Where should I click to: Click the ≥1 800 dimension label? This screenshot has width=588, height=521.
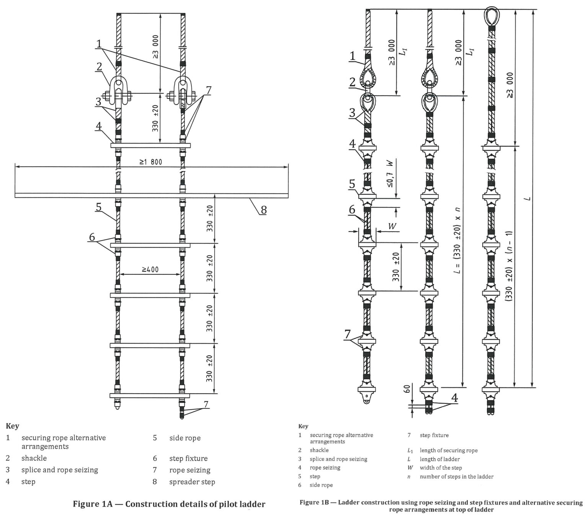click(x=151, y=162)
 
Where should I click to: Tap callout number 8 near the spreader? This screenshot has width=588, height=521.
click(x=263, y=209)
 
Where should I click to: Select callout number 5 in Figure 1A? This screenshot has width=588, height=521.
click(x=98, y=207)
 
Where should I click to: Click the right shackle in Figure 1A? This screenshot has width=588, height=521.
click(x=183, y=91)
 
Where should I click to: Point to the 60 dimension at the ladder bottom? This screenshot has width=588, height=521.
click(x=407, y=389)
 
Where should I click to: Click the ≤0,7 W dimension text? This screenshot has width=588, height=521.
click(x=390, y=173)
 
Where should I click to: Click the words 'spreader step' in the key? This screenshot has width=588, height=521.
click(x=192, y=482)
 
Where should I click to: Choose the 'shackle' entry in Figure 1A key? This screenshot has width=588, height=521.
click(x=34, y=458)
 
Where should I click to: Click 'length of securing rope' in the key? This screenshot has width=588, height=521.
click(x=448, y=451)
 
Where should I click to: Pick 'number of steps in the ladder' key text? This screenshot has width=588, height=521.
click(x=456, y=477)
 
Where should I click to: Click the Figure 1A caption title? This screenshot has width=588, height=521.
click(x=169, y=504)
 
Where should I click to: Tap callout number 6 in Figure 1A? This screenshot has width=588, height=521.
click(x=92, y=237)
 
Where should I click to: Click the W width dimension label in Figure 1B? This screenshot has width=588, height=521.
click(x=392, y=227)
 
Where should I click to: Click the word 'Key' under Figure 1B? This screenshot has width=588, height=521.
click(x=303, y=426)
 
